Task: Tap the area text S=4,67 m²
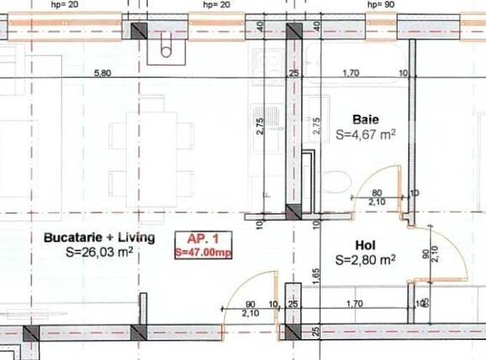coord(365,134)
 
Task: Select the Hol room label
coord(365,246)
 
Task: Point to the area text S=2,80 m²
coord(365,260)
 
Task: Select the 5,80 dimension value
coord(102,73)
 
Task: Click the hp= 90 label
coord(380,5)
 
